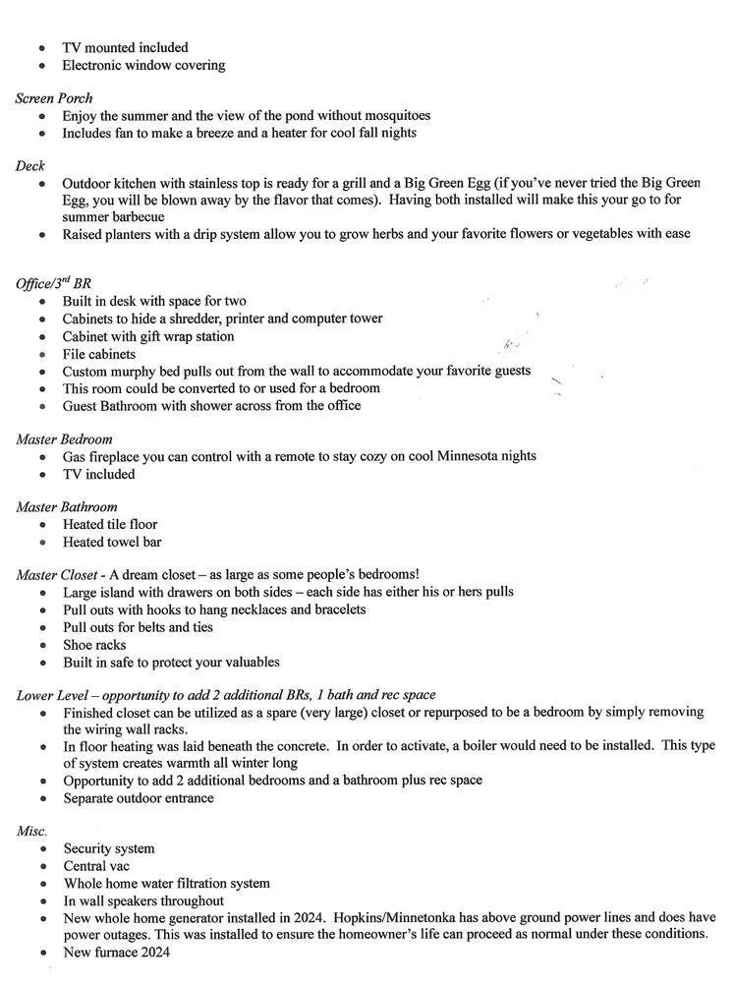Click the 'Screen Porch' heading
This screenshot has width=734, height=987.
pos(54,98)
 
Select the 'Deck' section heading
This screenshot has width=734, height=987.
pos(29,166)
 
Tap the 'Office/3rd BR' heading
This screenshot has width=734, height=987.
pos(53,283)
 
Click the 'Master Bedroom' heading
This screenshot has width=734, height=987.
pos(64,438)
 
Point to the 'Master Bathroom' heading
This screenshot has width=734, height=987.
pos(66,507)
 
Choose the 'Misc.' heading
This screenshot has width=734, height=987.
pos(31,831)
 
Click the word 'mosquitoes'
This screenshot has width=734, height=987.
pos(395,115)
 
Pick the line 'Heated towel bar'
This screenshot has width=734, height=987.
pos(112,542)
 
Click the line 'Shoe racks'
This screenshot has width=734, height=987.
pos(96,645)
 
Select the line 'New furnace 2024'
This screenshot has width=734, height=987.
pos(117,952)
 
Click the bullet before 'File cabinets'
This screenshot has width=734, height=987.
pos(42,355)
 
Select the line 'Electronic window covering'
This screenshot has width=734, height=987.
pos(143,65)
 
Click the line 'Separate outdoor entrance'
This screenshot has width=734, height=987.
pos(139,797)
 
